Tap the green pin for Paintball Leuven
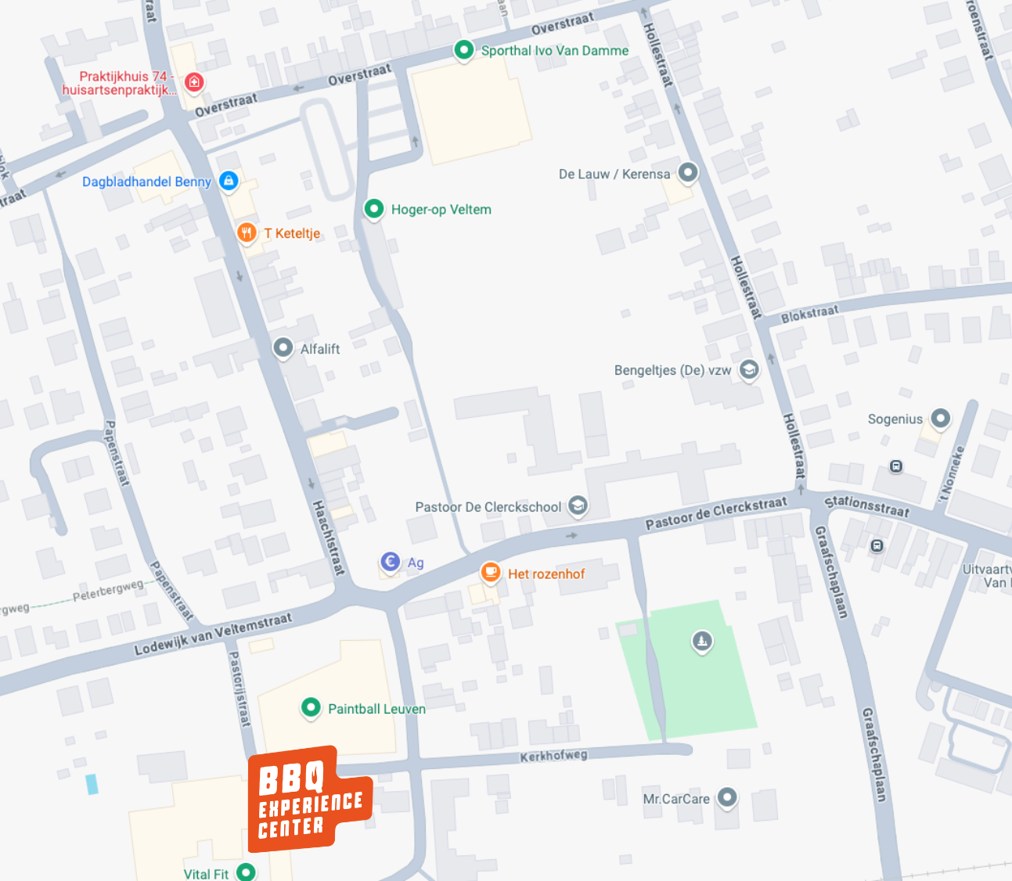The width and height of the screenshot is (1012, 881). click(x=311, y=707)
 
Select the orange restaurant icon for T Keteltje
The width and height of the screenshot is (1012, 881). click(x=247, y=232)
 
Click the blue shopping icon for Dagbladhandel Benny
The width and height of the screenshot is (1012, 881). click(x=228, y=181)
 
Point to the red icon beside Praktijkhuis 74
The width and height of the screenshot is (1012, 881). click(x=194, y=81)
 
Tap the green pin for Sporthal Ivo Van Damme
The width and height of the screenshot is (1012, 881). click(x=463, y=50)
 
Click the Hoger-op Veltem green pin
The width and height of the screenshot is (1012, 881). click(x=374, y=208)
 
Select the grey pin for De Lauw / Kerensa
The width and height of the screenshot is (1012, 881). click(x=687, y=172)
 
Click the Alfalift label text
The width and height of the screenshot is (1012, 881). click(x=320, y=349)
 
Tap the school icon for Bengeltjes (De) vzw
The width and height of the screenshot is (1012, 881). click(x=749, y=369)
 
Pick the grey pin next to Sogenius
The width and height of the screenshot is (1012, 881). click(x=940, y=418)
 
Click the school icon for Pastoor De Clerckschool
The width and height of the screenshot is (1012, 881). click(x=578, y=505)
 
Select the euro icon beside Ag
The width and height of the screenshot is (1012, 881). click(x=390, y=561)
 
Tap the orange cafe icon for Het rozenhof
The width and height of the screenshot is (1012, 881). click(x=491, y=572)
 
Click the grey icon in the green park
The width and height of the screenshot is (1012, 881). click(x=702, y=641)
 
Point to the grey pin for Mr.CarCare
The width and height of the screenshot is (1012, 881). click(x=727, y=797)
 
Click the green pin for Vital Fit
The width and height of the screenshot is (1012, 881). click(x=246, y=872)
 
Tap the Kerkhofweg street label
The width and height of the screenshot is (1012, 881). click(x=553, y=756)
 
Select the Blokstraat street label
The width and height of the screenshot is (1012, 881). click(x=809, y=314)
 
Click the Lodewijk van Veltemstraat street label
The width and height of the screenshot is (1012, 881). click(x=213, y=634)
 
